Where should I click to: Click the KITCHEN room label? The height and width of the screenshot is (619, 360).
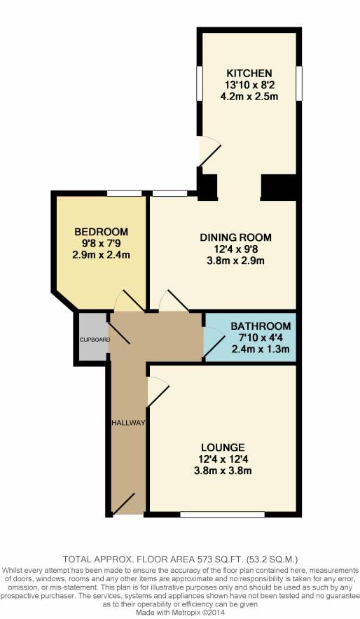click(248, 74)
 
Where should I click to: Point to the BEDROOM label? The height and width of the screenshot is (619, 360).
click(102, 232)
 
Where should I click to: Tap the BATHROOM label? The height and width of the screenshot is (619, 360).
click(261, 326)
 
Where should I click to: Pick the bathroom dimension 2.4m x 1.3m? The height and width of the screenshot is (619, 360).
click(261, 349)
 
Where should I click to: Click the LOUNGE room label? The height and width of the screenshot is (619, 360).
click(222, 447)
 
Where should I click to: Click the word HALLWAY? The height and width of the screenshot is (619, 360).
click(127, 423)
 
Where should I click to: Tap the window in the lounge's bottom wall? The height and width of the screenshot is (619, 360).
click(222, 515)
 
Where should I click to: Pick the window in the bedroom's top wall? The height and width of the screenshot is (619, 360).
click(122, 193)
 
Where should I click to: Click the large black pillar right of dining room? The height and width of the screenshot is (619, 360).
click(280, 186)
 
